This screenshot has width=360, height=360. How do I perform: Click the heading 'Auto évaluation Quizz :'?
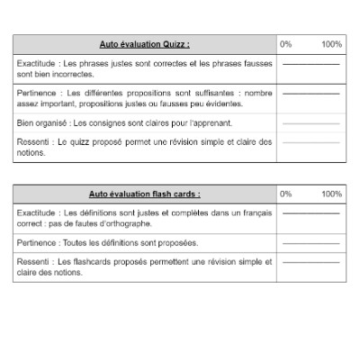[x=145, y=44]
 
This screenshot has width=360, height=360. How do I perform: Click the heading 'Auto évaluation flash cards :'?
[x=145, y=193]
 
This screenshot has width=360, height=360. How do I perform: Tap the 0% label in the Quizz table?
[x=285, y=44]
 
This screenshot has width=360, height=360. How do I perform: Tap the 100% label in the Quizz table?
[x=331, y=44]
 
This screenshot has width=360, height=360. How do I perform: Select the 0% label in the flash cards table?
[x=285, y=193]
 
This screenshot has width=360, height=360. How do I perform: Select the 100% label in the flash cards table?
[x=331, y=193]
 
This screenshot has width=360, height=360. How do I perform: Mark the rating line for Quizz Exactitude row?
[x=311, y=66]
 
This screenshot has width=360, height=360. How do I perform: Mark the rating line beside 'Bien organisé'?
[x=311, y=122]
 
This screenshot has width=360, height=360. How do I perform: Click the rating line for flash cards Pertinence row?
[x=311, y=243]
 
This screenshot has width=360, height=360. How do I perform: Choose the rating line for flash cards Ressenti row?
[x=311, y=262]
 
